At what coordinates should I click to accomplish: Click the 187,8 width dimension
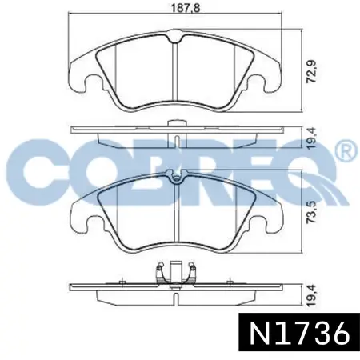pos(186,8)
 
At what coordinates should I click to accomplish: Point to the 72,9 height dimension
pos(311,71)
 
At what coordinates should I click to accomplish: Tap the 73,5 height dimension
pos(311,212)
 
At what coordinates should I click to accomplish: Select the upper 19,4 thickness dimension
pos(311,138)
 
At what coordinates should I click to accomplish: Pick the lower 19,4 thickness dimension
pos(311,296)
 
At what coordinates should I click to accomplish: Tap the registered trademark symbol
pos(346,150)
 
